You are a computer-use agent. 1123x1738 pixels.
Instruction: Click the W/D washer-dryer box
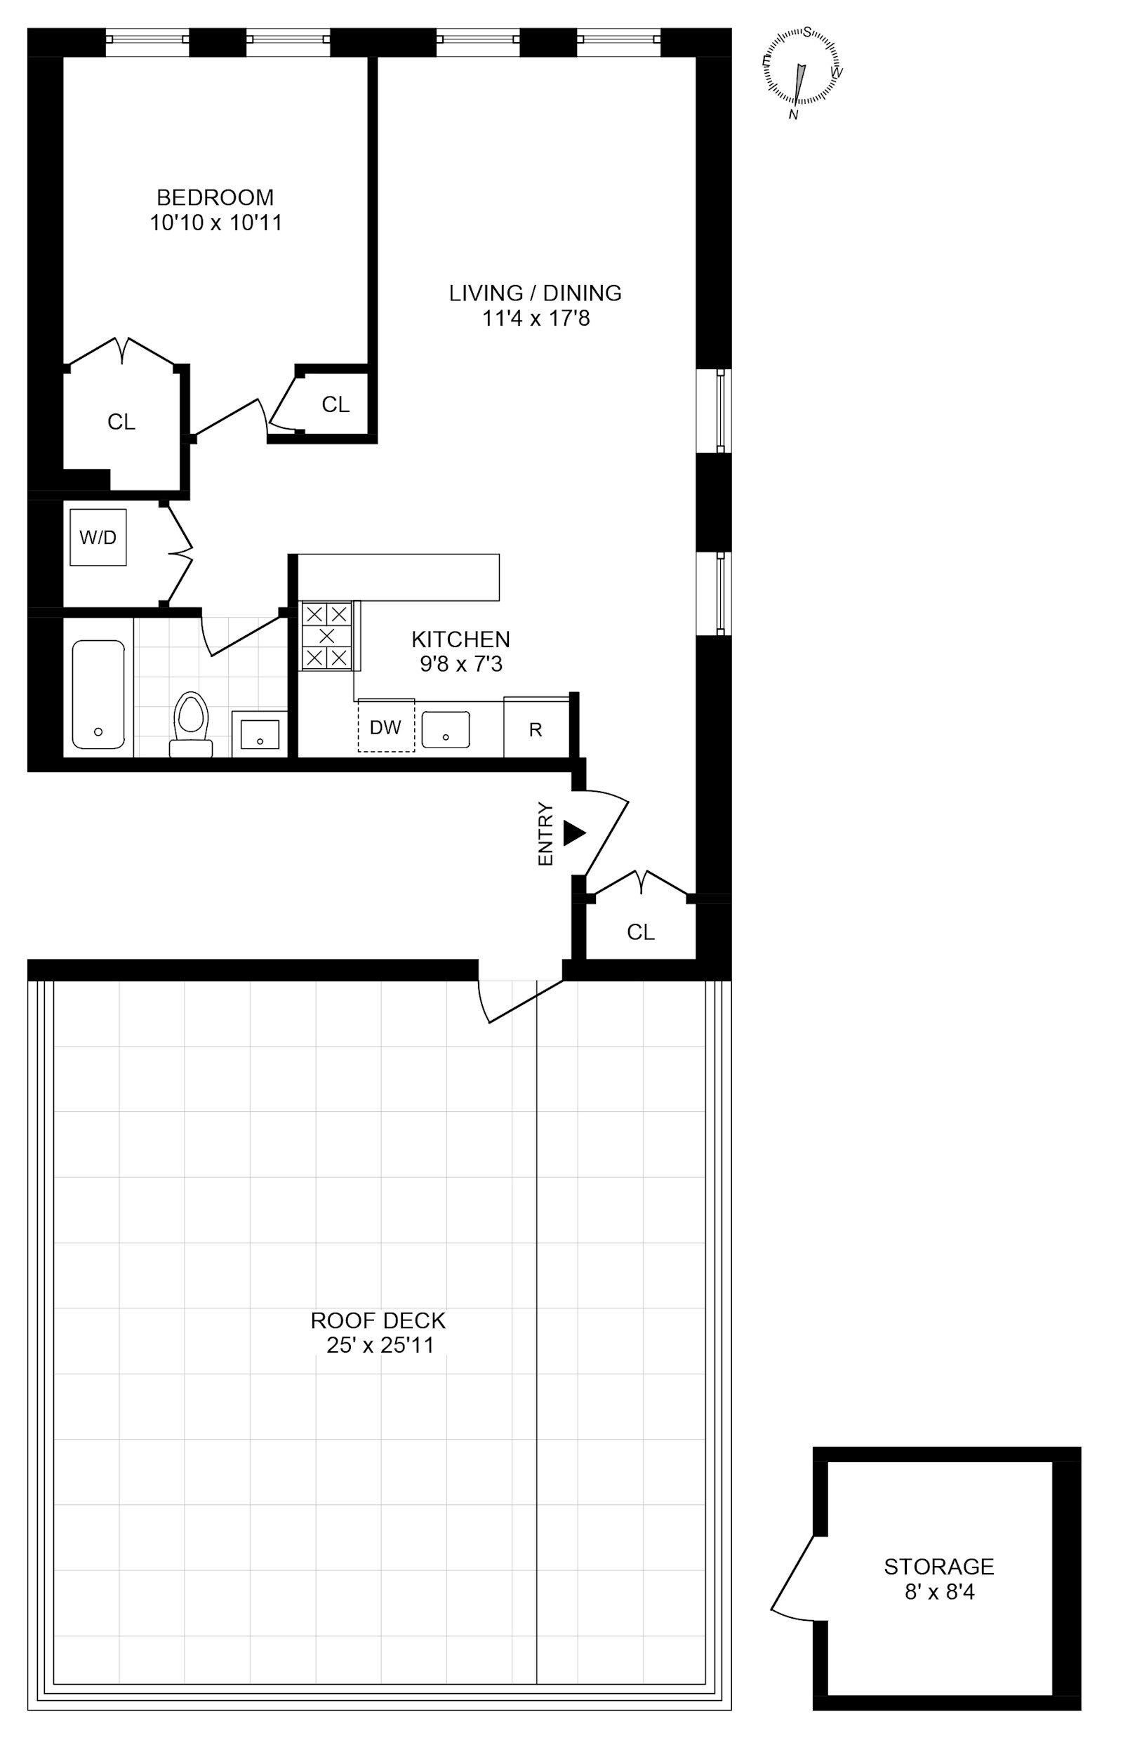tap(98, 537)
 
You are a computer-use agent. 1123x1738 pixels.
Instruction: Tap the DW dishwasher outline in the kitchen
tap(386, 725)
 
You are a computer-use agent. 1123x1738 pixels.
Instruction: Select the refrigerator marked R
tap(536, 729)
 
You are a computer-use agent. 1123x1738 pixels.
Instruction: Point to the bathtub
tap(98, 694)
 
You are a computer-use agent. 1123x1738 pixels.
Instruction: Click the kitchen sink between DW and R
tap(446, 729)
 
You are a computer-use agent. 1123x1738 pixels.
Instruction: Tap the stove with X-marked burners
tap(326, 635)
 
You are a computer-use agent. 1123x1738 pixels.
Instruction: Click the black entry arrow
tap(575, 834)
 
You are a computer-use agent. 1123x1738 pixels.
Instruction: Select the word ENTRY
tap(545, 835)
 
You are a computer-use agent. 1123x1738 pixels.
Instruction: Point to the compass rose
tap(801, 74)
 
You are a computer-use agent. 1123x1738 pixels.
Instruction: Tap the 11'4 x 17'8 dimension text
tap(536, 318)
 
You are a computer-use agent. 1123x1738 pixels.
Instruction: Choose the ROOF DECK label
tap(378, 1320)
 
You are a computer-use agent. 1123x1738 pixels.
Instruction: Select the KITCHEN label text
tap(461, 639)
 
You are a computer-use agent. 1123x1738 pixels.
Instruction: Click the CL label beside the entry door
tap(641, 931)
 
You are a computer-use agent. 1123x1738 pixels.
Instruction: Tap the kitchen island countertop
tap(399, 577)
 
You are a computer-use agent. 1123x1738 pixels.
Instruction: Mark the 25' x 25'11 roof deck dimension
tap(380, 1345)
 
